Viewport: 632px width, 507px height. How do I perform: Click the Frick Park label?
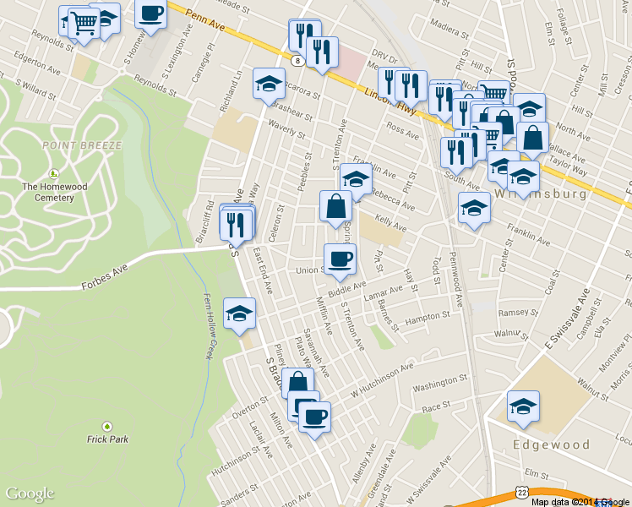click(x=106, y=439)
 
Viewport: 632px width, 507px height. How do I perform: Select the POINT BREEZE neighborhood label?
click(x=82, y=145)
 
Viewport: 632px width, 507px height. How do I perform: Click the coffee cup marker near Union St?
click(x=340, y=259)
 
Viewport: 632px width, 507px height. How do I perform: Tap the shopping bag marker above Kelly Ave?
click(x=335, y=206)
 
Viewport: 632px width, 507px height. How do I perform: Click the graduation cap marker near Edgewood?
click(x=523, y=406)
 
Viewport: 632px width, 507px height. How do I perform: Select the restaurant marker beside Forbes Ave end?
click(x=236, y=223)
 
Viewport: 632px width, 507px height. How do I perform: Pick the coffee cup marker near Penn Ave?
click(x=150, y=14)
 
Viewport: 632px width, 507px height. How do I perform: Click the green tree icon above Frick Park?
click(x=106, y=426)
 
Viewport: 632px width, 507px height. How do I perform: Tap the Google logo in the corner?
click(x=30, y=493)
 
